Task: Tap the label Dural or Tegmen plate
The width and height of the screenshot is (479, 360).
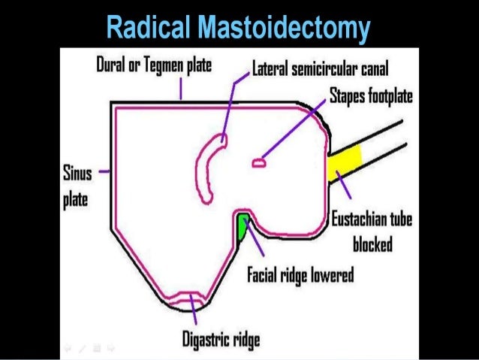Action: [x=154, y=67]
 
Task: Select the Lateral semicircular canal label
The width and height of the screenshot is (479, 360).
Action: [x=319, y=71]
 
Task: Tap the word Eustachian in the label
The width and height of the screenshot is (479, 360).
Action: [x=366, y=220]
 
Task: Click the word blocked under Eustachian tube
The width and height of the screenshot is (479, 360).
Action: [x=373, y=244]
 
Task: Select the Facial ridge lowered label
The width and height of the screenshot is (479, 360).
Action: [x=300, y=274]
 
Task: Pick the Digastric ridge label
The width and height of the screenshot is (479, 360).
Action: [x=221, y=340]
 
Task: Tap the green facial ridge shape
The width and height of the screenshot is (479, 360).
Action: [x=243, y=227]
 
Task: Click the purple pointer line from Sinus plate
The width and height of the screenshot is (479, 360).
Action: [x=104, y=171]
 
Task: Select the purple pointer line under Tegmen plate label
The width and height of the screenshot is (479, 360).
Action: [x=180, y=89]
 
